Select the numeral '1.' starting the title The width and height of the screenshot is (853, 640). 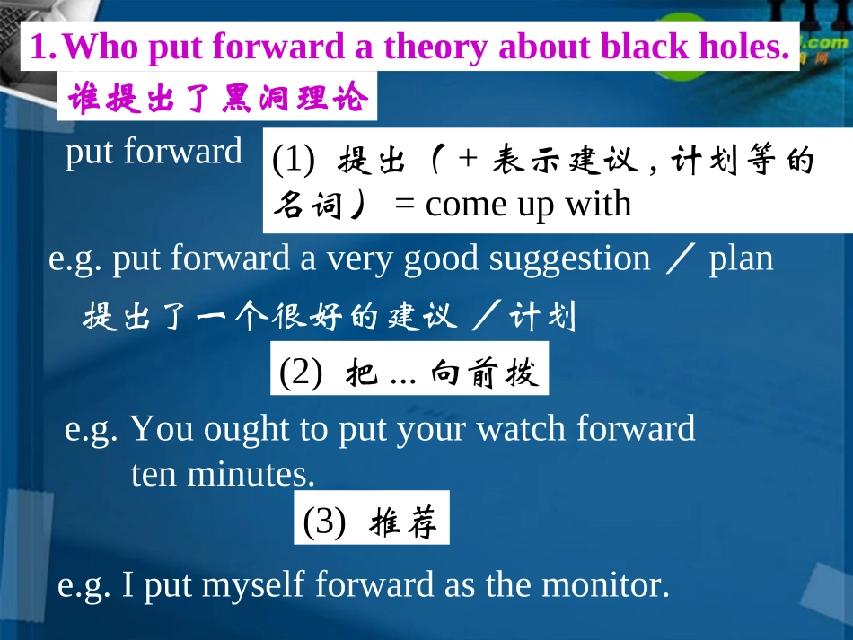[x=44, y=48]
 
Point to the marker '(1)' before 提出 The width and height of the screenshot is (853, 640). [x=294, y=162]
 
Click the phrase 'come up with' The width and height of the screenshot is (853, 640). [x=528, y=205]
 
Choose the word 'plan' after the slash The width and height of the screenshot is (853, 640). [x=741, y=259]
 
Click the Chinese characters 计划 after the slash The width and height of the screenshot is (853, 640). [x=542, y=317]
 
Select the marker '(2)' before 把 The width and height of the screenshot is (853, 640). [x=301, y=373]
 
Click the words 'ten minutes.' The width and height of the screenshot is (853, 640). [x=223, y=473]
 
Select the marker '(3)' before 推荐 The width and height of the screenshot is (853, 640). [x=324, y=522]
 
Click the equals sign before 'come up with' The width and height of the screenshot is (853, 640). [x=405, y=206]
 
